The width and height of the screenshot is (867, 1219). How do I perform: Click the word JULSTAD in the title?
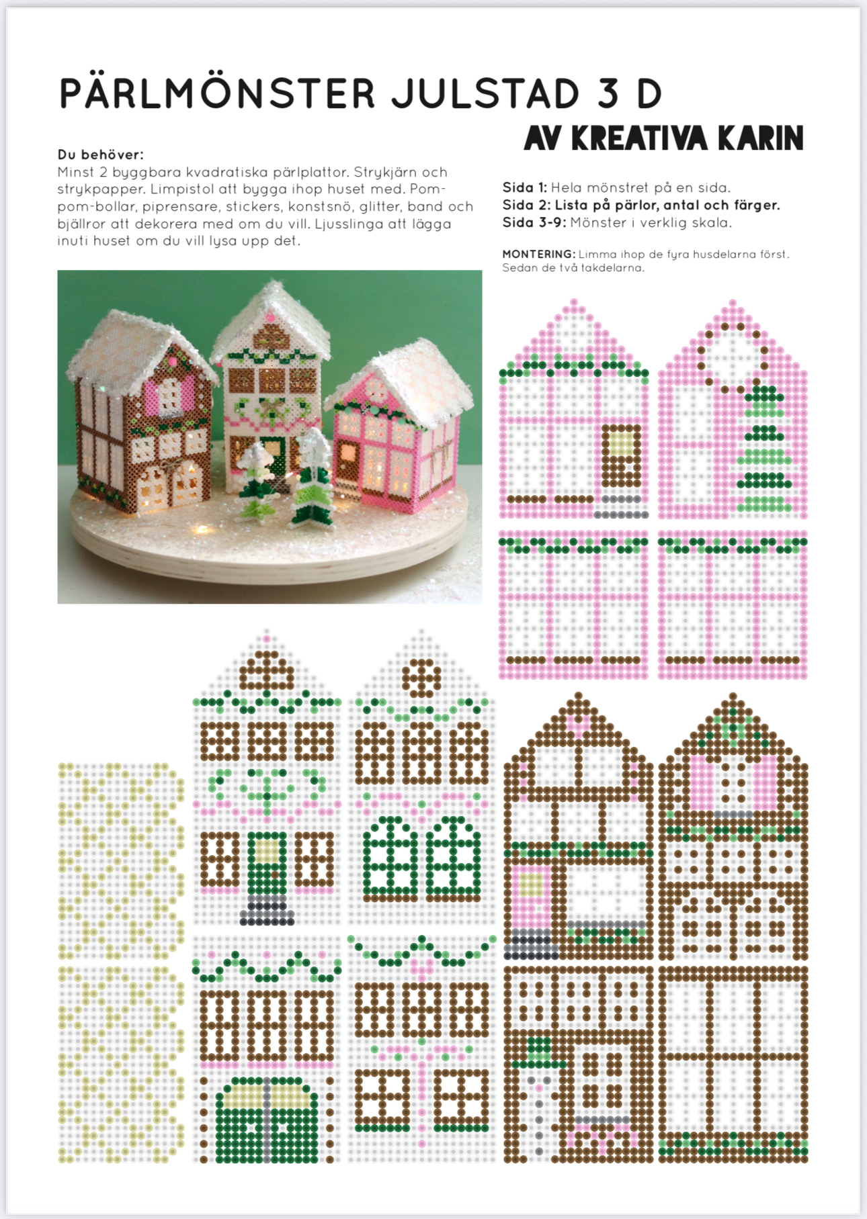click(485, 94)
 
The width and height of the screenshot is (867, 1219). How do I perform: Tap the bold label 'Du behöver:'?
click(101, 154)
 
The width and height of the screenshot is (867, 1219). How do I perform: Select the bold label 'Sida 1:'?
click(525, 187)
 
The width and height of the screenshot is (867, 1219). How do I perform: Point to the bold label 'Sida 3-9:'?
click(534, 222)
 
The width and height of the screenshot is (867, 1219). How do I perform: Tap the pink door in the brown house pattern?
click(531, 899)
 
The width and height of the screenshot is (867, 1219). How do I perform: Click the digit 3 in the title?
click(608, 94)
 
